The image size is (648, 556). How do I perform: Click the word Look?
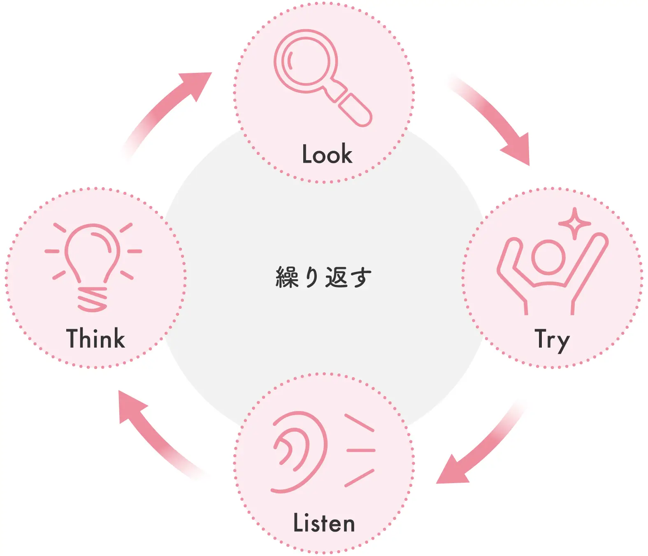[327, 154]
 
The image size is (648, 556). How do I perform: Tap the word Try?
[552, 340]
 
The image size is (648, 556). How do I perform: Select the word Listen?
[324, 523]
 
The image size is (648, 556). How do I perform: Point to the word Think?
[95, 339]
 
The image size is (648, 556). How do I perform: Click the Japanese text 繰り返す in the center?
[324, 277]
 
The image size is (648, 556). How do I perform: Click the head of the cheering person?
[548, 257]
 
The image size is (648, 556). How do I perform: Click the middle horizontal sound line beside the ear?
[361, 451]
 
